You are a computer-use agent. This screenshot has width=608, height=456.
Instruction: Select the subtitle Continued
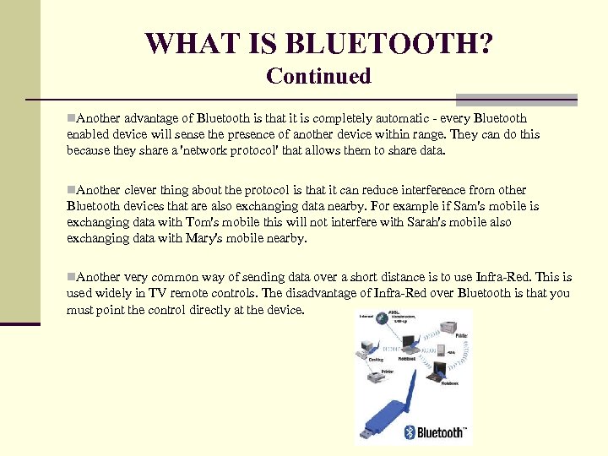[318, 76]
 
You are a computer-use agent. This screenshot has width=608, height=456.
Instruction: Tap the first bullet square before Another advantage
[71, 118]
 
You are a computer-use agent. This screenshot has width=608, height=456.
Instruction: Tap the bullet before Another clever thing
[71, 190]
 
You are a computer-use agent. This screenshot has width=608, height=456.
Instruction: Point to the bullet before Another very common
[71, 277]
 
